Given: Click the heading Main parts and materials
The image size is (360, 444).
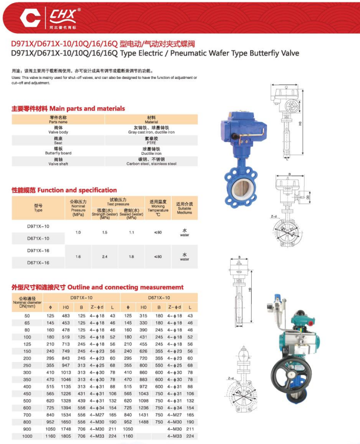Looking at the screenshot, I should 68,108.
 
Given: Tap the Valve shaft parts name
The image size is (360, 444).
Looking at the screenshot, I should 58,162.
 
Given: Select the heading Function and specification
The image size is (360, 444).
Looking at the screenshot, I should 64,190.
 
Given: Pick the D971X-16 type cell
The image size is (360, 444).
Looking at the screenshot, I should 38,251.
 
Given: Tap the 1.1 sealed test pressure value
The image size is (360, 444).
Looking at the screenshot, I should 131,232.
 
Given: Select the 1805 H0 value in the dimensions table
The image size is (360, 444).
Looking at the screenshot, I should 66,436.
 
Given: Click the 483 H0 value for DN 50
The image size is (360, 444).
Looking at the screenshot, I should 66,316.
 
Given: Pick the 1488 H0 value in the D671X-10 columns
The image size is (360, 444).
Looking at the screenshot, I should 142,421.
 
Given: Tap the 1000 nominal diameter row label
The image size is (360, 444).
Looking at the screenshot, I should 27,436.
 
